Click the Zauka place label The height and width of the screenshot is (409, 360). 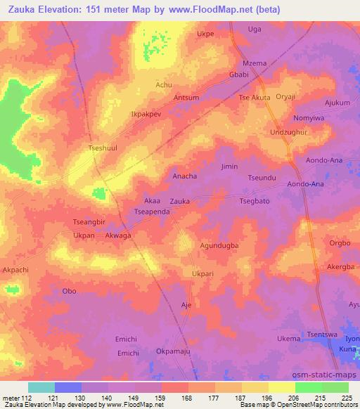[179, 201]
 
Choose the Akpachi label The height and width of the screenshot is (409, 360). [16, 269]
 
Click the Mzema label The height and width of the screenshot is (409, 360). [254, 63]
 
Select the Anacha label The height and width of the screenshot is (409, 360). [184, 176]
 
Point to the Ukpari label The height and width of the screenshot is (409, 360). [202, 273]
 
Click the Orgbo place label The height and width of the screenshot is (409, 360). [339, 243]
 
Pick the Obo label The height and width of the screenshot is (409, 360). [69, 291]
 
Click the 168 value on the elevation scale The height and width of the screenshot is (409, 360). [186, 397]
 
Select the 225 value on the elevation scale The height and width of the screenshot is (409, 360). [347, 397]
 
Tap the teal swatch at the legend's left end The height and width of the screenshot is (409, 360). [41, 387]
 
